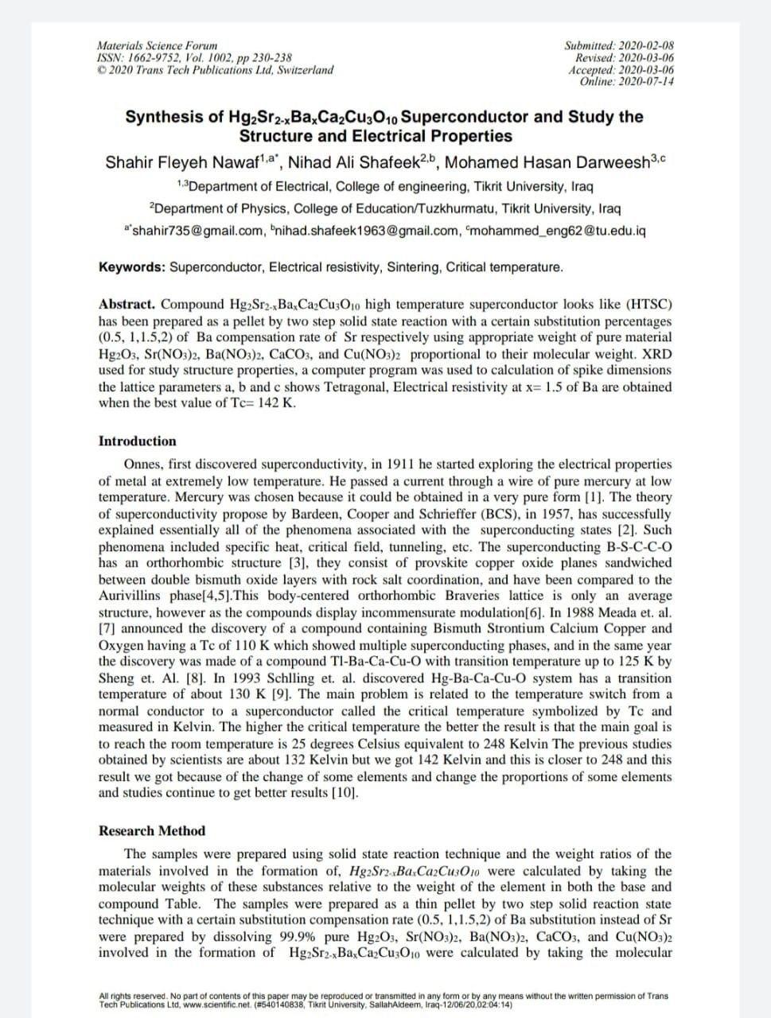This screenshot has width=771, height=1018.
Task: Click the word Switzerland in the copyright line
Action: [303, 69]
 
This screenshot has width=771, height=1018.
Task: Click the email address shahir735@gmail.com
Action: [197, 231]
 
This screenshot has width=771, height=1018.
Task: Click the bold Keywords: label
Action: [132, 267]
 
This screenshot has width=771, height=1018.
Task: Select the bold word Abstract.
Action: [128, 305]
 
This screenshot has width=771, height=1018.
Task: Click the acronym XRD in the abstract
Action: [656, 354]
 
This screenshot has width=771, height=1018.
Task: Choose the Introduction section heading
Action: [138, 441]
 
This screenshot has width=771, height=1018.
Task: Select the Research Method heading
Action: [152, 830]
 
